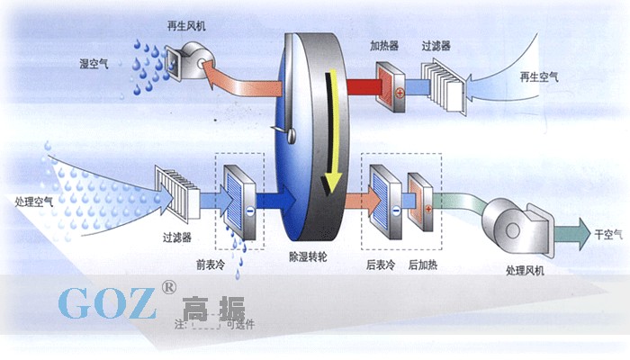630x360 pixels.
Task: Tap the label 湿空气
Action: [x=95, y=64]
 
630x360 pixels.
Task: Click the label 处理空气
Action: [x=34, y=201]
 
